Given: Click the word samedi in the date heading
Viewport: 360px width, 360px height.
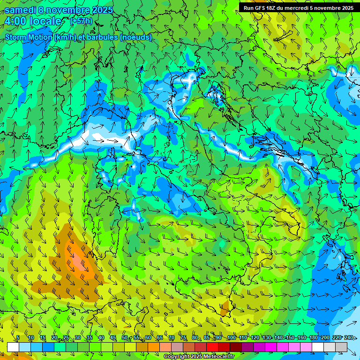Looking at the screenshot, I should coord(20,10).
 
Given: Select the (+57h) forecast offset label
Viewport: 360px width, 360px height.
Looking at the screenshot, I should coord(82,21).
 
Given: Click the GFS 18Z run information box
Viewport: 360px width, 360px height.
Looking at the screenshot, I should coord(298,8).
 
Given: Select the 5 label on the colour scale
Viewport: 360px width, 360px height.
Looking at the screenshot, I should coord(18,338).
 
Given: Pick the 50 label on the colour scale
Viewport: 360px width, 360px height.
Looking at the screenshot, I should coord(124,338).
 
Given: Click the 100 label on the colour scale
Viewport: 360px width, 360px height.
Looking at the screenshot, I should coord(231,338).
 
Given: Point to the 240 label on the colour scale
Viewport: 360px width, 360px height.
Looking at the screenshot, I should coord(349,338).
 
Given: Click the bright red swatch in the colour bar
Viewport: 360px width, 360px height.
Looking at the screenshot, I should coord(212,347).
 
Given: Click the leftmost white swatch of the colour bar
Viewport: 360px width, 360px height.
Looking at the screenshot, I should coord(13,347).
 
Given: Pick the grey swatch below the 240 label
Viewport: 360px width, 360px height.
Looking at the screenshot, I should coord(341,347).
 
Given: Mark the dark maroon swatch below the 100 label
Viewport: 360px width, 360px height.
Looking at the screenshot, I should coord(236,347).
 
